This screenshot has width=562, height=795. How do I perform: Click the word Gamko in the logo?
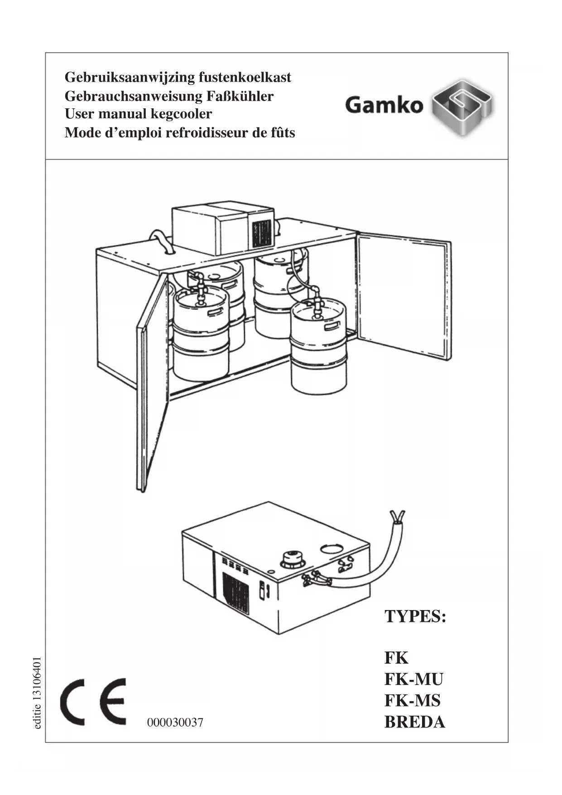coord(384,106)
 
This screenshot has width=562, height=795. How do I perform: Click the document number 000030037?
coord(175,722)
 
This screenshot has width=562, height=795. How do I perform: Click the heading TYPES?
coord(415,616)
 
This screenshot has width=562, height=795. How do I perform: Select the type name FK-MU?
coord(413,679)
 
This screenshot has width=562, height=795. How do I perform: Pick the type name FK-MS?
coord(412,701)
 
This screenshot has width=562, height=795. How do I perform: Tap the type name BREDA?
coord(414,722)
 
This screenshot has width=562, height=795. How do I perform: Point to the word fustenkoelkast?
coord(245,77)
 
